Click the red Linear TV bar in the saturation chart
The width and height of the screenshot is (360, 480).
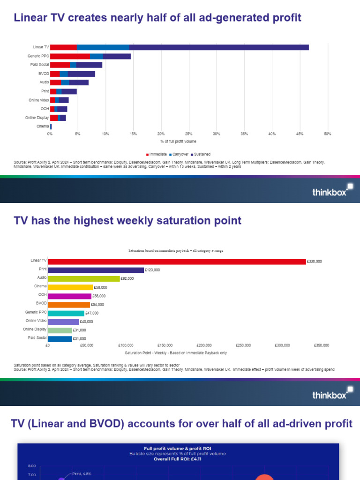point(177,262)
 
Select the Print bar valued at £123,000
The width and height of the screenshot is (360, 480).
point(96,270)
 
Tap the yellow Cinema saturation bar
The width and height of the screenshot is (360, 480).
point(70,287)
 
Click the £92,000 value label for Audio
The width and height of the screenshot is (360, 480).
point(127,278)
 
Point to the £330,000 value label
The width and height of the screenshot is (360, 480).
point(315,262)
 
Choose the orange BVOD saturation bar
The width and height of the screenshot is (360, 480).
point(69,305)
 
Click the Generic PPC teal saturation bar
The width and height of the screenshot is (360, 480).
point(66,313)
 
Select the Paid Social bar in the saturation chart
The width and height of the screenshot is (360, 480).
point(60,339)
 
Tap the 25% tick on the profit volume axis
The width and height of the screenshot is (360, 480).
point(188,134)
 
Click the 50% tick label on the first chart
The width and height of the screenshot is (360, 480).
point(328,134)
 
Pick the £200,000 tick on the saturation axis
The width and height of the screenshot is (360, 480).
point(204,345)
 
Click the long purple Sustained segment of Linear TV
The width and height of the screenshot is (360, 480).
point(219,47)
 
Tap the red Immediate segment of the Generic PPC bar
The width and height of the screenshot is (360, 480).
point(70,56)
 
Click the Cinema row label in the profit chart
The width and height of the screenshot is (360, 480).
point(43,127)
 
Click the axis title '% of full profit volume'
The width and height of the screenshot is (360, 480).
point(178,141)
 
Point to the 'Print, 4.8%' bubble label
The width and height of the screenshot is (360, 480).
point(82,473)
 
